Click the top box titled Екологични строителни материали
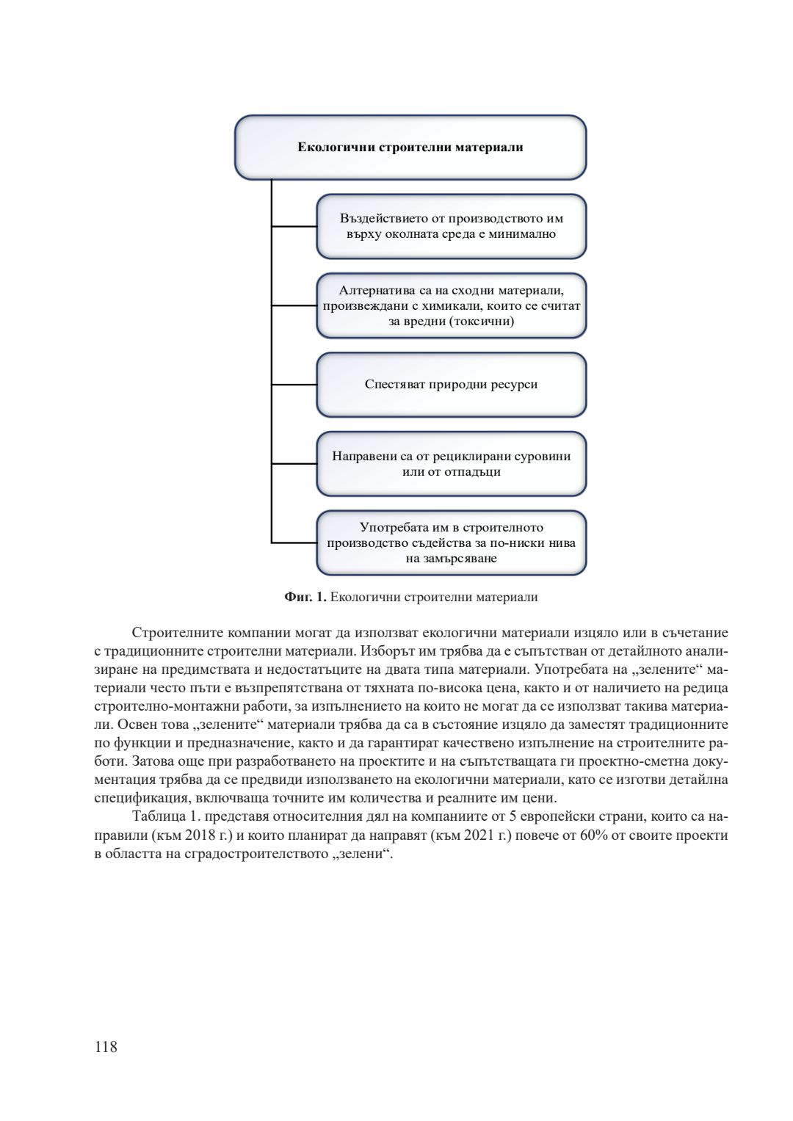(410, 147)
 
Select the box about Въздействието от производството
(451, 226)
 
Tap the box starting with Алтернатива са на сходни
(451, 306)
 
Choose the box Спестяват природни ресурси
(451, 385)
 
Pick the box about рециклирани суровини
(451, 464)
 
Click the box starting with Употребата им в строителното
(451, 543)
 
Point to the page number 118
(106, 1047)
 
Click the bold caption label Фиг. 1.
(305, 597)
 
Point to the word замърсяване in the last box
(451, 559)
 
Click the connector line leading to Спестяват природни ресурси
(294, 385)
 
